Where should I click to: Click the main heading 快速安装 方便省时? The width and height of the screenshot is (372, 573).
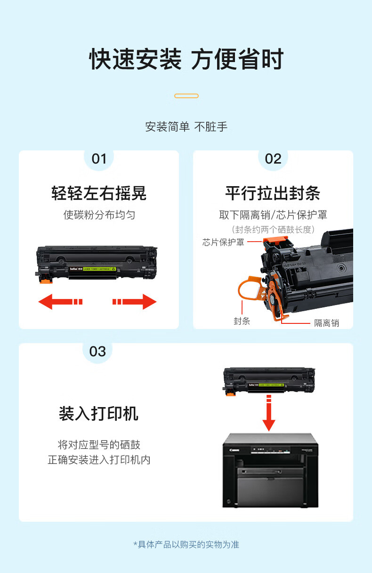(186, 59)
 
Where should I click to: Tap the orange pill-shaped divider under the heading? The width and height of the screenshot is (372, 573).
(186, 96)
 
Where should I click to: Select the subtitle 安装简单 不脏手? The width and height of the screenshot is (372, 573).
(186, 127)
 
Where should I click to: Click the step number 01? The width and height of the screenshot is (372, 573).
(99, 159)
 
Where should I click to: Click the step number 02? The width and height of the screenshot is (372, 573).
(273, 159)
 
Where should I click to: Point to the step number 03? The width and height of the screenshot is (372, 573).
(97, 352)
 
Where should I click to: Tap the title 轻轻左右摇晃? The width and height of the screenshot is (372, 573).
(99, 193)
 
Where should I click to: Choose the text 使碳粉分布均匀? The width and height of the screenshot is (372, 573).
(99, 215)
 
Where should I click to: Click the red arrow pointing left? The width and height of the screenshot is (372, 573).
(60, 302)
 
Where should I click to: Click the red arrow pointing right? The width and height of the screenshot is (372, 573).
(135, 302)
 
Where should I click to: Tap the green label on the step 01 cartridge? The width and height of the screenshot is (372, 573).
(99, 269)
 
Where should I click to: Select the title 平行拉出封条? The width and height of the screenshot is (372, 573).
(273, 193)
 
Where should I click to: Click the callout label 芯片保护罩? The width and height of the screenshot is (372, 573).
(223, 242)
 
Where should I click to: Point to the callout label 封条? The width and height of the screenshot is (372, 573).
(242, 321)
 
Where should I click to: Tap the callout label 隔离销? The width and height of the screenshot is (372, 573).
(327, 323)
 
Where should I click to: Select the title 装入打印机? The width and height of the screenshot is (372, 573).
(98, 414)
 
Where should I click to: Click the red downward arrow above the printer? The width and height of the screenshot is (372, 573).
(269, 413)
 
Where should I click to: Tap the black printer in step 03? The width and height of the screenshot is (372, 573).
(270, 471)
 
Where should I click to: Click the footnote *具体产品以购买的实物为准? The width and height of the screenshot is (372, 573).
(186, 544)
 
